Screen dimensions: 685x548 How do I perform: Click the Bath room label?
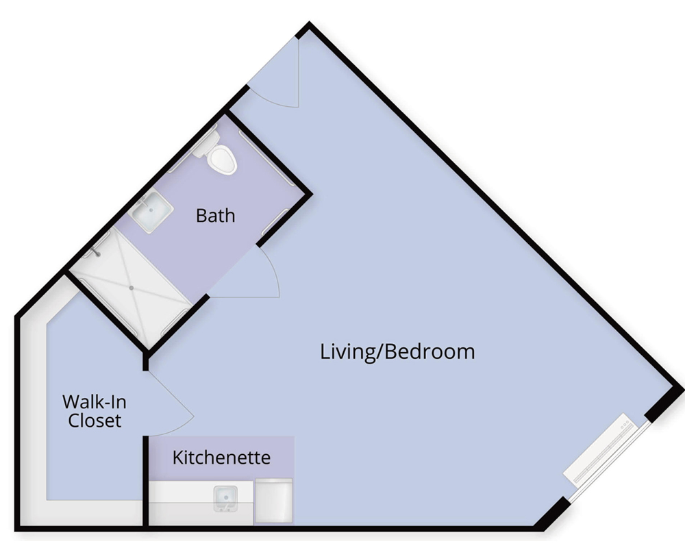point(215,216)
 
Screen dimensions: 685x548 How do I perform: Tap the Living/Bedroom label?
point(397,352)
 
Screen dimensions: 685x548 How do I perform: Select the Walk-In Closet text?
point(95,411)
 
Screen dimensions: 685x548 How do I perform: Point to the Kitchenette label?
point(221,458)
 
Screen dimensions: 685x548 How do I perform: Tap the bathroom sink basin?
point(151,210)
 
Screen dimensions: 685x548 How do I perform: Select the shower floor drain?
point(131,288)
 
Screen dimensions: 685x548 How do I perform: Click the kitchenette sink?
point(225,499)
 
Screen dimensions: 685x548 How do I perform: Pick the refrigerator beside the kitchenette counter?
point(273,500)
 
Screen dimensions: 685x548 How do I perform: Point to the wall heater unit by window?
point(599,449)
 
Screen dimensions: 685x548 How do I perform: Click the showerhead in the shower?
point(97,253)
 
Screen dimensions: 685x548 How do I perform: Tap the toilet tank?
point(206,143)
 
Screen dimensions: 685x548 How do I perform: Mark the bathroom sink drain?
point(151,210)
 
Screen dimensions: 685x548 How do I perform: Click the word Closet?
point(95,421)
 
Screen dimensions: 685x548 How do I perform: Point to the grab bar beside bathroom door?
point(275,222)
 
